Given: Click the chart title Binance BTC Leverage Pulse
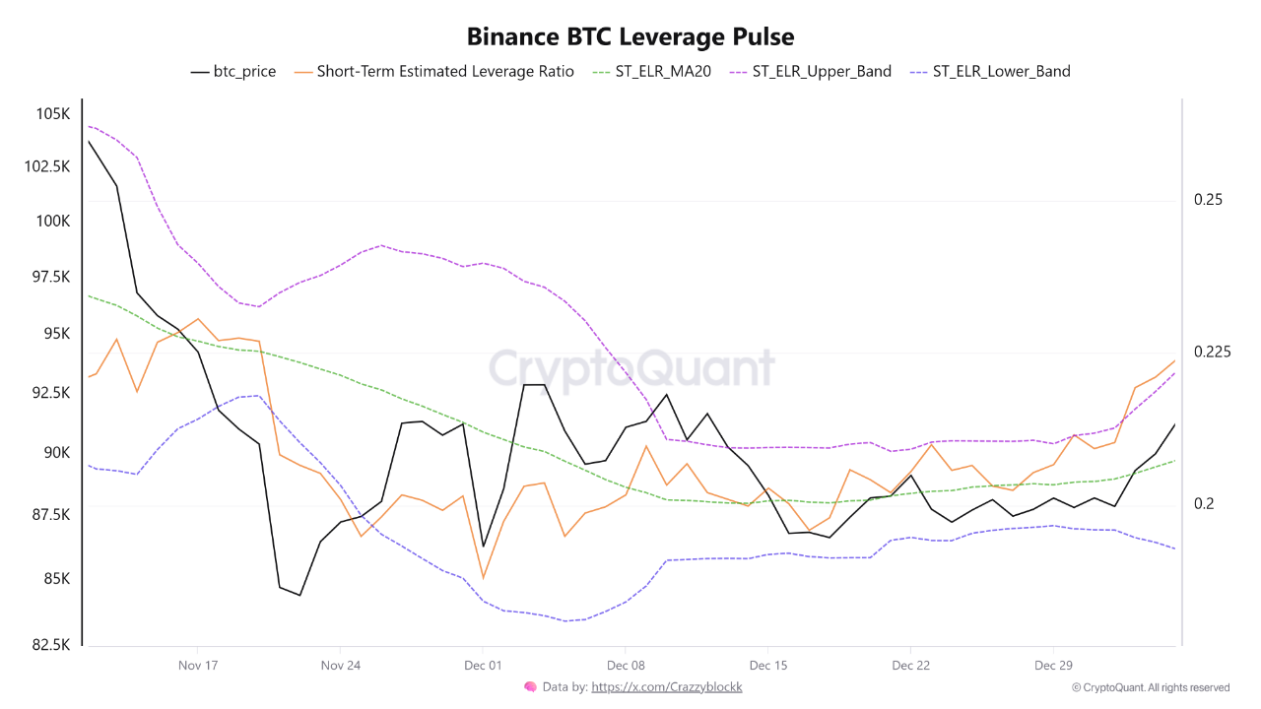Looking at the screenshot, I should tap(630, 36).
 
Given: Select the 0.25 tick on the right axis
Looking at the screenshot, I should tap(1208, 199).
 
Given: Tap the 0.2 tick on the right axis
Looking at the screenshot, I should tap(1203, 503).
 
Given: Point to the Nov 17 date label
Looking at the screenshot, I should tap(197, 665).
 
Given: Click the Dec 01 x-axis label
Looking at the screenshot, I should tap(482, 665).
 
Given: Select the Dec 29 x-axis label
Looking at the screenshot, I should tap(1053, 665).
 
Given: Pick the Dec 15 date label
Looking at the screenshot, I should tap(767, 665).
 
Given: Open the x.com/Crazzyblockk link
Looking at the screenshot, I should tap(666, 687).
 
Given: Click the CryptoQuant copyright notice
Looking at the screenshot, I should tap(1151, 687).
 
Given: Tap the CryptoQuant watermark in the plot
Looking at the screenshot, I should tap(631, 369).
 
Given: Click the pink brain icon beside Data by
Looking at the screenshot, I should tap(530, 686).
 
